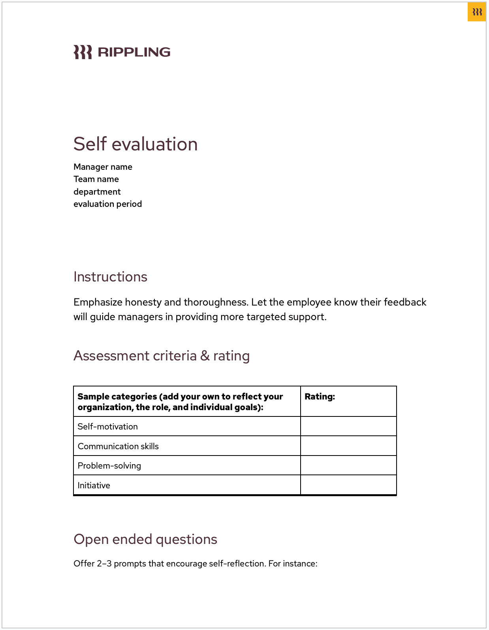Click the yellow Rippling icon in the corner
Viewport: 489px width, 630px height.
(x=477, y=12)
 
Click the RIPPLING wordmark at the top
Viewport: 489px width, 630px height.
(x=134, y=52)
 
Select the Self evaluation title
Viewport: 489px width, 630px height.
(x=135, y=144)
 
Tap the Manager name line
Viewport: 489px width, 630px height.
(x=103, y=167)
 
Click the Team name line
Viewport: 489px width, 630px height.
(x=96, y=179)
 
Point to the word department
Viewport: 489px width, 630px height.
(x=97, y=192)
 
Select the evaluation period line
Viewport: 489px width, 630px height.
(x=107, y=204)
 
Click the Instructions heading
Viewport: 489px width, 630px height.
(x=110, y=277)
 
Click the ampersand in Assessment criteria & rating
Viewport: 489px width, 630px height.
(x=205, y=356)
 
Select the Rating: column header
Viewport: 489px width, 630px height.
(x=320, y=397)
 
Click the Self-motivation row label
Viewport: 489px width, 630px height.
(x=107, y=427)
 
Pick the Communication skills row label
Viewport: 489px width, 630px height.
(x=118, y=446)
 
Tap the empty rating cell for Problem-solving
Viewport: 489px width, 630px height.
(x=348, y=465)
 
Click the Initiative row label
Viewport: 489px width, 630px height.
(x=94, y=486)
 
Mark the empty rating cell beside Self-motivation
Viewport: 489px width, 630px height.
(x=348, y=426)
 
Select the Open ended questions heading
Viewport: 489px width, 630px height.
(x=145, y=540)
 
